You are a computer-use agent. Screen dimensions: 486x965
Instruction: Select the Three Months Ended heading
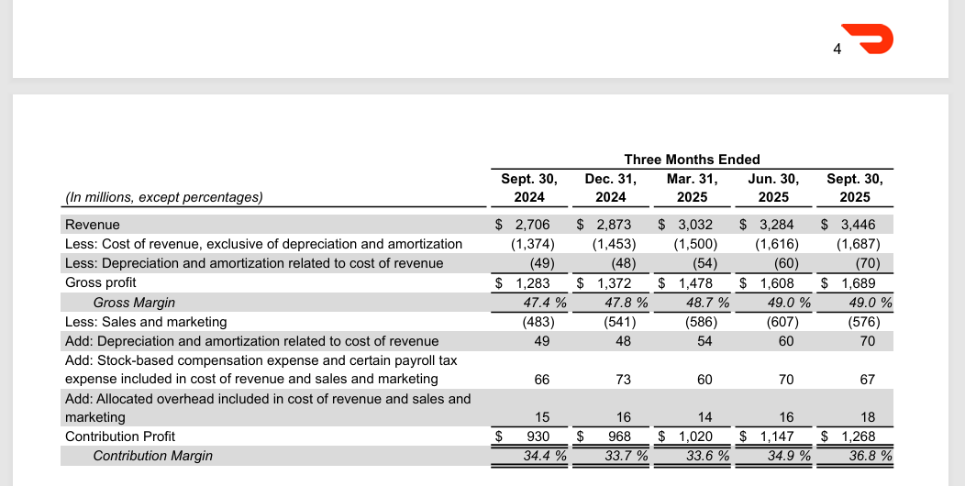[692, 160]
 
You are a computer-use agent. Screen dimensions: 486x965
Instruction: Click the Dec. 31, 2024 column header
[610, 188]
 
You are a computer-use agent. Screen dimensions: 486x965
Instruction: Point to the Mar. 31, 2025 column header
[692, 188]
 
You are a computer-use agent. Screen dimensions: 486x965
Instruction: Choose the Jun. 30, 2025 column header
[773, 188]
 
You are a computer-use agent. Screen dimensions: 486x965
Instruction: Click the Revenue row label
[93, 225]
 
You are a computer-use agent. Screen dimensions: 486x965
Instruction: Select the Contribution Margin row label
[152, 456]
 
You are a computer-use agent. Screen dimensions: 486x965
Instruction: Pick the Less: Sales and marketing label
[146, 322]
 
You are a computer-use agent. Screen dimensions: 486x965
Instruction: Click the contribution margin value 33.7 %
[626, 456]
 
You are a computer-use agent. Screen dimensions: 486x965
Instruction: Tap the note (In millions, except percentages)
[163, 197]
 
